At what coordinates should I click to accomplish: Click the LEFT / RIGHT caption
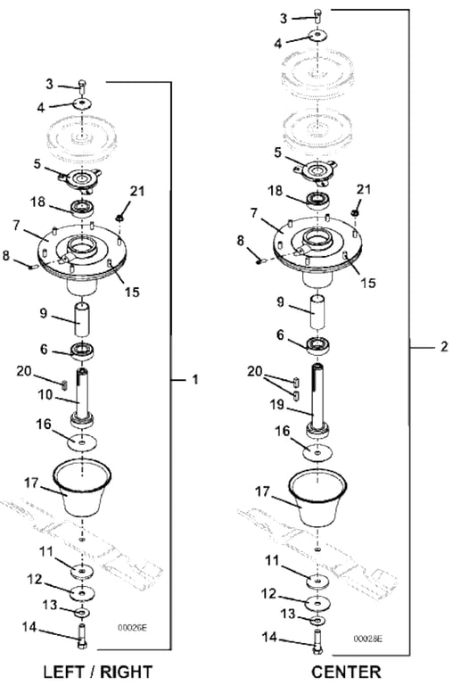pyautogui.click(x=98, y=672)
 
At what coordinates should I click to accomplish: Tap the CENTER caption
pyautogui.click(x=346, y=672)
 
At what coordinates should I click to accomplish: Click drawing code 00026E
pyautogui.click(x=132, y=628)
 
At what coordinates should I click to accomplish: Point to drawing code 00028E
pyautogui.click(x=368, y=639)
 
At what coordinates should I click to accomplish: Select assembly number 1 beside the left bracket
pyautogui.click(x=195, y=380)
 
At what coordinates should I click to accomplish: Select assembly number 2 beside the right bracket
pyautogui.click(x=444, y=346)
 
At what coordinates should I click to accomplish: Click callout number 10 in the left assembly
pyautogui.click(x=45, y=395)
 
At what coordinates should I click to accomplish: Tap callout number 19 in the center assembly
pyautogui.click(x=277, y=405)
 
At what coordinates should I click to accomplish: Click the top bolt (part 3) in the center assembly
pyautogui.click(x=318, y=16)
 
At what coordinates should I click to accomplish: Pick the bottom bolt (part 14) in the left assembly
pyautogui.click(x=82, y=637)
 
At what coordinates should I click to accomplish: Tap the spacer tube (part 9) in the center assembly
pyautogui.click(x=317, y=313)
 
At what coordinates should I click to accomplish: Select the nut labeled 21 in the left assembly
pyautogui.click(x=119, y=217)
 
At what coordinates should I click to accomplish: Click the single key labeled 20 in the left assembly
pyautogui.click(x=65, y=384)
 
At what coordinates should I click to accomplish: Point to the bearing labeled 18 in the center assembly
pyautogui.click(x=318, y=200)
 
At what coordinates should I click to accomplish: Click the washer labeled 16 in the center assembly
pyautogui.click(x=317, y=452)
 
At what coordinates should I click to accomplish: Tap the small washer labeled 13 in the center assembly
pyautogui.click(x=317, y=621)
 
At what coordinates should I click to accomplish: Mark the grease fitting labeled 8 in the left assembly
pyautogui.click(x=31, y=266)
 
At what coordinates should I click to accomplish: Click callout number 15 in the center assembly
pyautogui.click(x=368, y=283)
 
